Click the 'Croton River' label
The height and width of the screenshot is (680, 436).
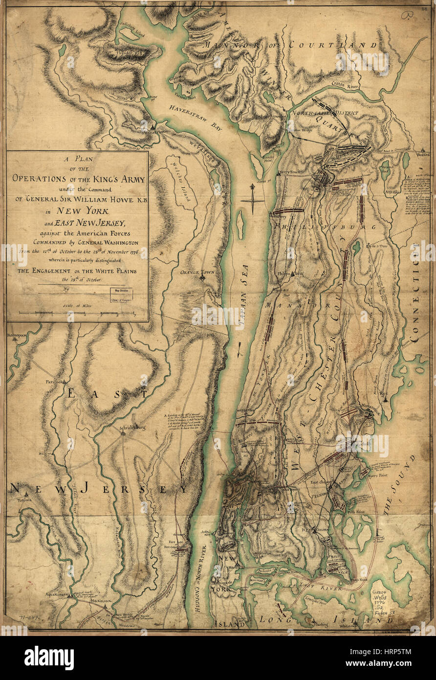(x=345, y=84)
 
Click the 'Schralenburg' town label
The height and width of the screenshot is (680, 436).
(x=132, y=427)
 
